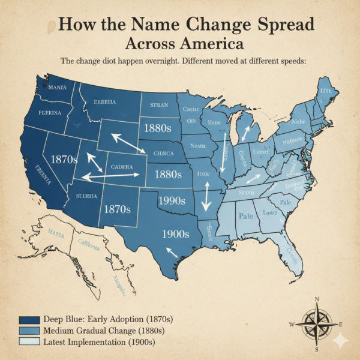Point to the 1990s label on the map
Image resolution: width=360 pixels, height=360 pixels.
pos(172,200)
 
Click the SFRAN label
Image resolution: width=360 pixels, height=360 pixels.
pos(158,104)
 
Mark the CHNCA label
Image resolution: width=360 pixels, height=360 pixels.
pos(163,152)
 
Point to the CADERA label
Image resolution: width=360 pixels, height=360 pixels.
pos(122,166)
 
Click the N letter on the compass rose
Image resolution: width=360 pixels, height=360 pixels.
pos(317,299)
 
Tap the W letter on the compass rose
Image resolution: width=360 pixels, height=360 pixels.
pos(292,325)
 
